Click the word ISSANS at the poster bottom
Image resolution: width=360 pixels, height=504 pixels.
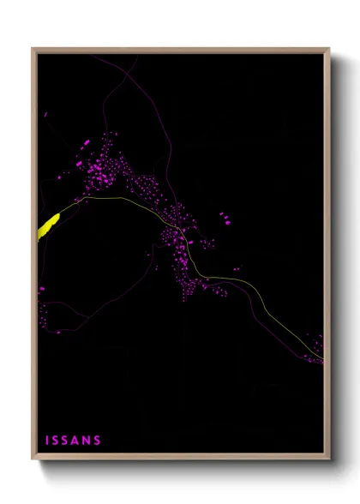pos(73,441)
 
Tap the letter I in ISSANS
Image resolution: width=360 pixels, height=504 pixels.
pos(47,441)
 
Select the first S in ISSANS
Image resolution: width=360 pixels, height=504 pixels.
pos(57,441)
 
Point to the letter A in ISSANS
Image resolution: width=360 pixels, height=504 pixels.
pos(76,441)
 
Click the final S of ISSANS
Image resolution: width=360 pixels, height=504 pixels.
pos(98,441)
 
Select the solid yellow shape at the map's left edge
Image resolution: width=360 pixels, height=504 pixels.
pos(47,225)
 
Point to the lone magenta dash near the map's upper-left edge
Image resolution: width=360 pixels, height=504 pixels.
pos(46,112)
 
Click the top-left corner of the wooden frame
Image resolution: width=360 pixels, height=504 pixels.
pos(33,49)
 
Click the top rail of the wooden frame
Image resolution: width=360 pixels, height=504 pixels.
pos(180,50)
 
